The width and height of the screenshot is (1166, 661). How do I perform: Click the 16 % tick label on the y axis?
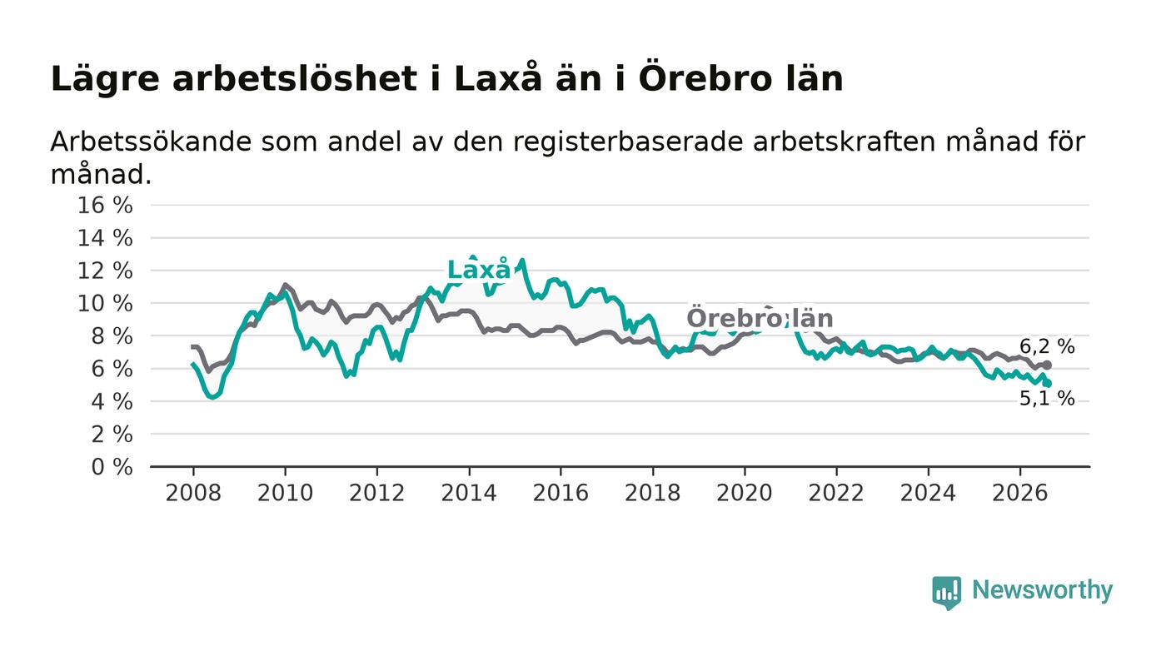(x=105, y=205)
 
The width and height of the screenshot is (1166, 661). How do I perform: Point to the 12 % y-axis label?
(x=105, y=271)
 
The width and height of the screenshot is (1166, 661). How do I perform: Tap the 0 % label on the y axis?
(x=112, y=467)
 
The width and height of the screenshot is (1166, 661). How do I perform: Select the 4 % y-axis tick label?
(x=112, y=401)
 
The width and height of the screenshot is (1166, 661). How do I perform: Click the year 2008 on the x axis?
(x=193, y=493)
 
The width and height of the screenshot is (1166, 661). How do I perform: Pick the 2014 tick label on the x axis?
(x=469, y=493)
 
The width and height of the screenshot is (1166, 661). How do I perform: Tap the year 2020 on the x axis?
(x=745, y=493)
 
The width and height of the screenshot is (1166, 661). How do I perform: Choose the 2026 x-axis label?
(x=1019, y=493)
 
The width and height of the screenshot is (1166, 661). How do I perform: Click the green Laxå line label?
(x=479, y=269)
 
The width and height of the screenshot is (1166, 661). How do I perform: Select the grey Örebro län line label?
(x=760, y=317)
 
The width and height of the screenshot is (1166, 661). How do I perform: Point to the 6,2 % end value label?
(x=1047, y=346)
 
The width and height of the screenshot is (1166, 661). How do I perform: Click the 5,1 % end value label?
(x=1047, y=399)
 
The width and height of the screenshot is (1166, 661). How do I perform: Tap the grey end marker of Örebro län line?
(x=1048, y=365)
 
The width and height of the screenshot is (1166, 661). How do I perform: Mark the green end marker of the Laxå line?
(x=1048, y=384)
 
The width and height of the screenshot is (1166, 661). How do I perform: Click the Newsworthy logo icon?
(x=946, y=593)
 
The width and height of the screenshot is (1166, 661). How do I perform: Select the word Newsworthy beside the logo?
(x=1042, y=590)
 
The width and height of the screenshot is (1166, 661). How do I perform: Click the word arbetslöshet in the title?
(x=295, y=79)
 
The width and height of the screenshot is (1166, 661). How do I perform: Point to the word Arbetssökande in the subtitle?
(x=151, y=142)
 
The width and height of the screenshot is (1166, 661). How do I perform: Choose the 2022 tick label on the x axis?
(x=836, y=493)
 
